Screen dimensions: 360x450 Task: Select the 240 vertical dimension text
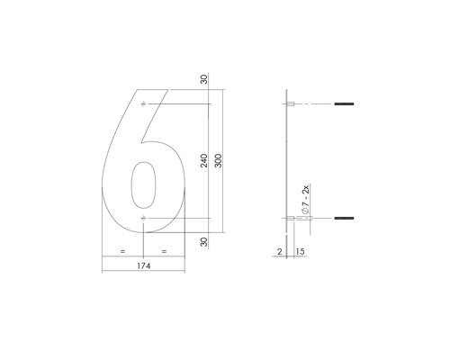point(205,161)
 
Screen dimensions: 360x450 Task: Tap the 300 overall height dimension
point(218,161)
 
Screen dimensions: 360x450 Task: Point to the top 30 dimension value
point(205,80)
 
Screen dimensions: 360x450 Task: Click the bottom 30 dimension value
point(205,241)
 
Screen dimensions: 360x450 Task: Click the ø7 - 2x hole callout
point(306,198)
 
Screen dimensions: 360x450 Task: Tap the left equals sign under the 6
point(121,250)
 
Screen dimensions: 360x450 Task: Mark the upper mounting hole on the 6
point(142,104)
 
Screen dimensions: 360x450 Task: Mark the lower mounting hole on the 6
point(142,219)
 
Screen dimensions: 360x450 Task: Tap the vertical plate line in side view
point(286,162)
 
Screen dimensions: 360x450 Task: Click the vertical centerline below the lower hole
point(142,238)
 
